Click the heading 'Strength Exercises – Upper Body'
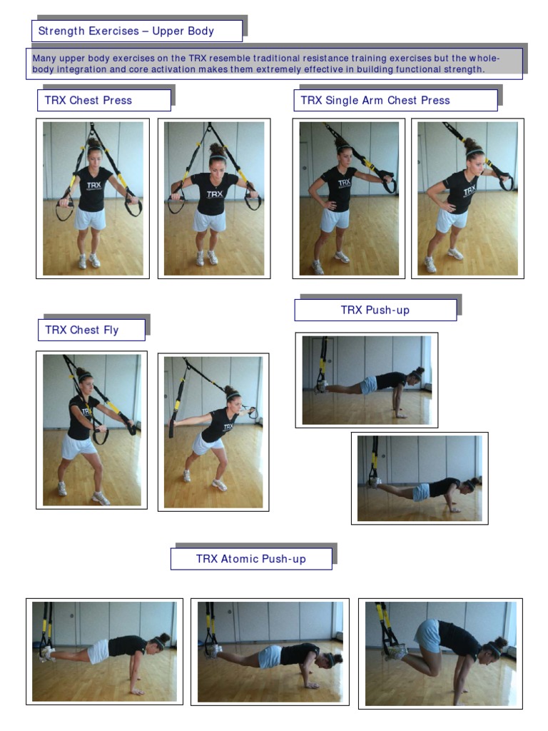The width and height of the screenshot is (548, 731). pyautogui.click(x=126, y=31)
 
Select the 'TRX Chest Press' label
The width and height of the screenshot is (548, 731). pyautogui.click(x=88, y=101)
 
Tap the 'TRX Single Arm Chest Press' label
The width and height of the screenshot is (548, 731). pyautogui.click(x=375, y=101)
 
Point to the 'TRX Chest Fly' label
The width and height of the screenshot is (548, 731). pyautogui.click(x=82, y=330)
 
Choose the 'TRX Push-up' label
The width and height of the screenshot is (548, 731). pyautogui.click(x=375, y=310)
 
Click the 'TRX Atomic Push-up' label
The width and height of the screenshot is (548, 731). pyautogui.click(x=251, y=559)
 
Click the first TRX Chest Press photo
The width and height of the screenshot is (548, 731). pyautogui.click(x=93, y=198)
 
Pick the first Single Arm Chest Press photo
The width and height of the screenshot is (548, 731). pyautogui.click(x=349, y=198)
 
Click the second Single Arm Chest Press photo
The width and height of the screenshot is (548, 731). pyautogui.click(x=468, y=198)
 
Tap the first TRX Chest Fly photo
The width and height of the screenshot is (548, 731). pyautogui.click(x=92, y=430)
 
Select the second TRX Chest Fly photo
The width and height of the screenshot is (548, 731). pyautogui.click(x=213, y=432)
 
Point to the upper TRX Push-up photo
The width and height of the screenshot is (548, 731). pyautogui.click(x=367, y=380)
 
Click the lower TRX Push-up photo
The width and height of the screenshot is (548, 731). pyautogui.click(x=420, y=478)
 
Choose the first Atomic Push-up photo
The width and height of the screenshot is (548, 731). pyautogui.click(x=104, y=651)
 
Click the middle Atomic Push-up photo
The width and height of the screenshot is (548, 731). pyautogui.click(x=270, y=651)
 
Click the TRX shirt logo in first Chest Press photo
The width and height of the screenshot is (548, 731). pyautogui.click(x=94, y=185)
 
